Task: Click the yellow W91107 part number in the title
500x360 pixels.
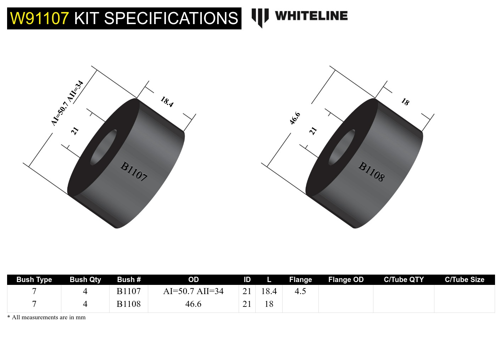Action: pyautogui.click(x=39, y=18)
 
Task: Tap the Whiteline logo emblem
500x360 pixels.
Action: pyautogui.click(x=260, y=17)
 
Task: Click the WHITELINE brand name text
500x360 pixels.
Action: pyautogui.click(x=311, y=16)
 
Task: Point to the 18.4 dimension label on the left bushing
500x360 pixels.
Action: pyautogui.click(x=167, y=102)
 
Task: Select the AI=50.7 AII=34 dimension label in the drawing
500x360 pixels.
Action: pyautogui.click(x=67, y=103)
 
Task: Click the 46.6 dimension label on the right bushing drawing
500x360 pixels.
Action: pyautogui.click(x=295, y=118)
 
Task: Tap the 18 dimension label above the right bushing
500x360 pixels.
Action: pyautogui.click(x=405, y=102)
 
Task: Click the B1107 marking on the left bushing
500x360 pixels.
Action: pyautogui.click(x=134, y=171)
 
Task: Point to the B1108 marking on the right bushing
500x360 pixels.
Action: pyautogui.click(x=371, y=171)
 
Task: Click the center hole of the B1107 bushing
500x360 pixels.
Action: pyautogui.click(x=104, y=147)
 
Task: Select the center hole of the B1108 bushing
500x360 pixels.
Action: pyautogui.click(x=342, y=147)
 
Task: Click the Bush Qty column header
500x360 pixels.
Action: pyautogui.click(x=85, y=280)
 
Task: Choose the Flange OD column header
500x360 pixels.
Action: pyautogui.click(x=346, y=280)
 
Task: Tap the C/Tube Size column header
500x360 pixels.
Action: pyautogui.click(x=464, y=280)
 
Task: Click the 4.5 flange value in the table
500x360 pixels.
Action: pyautogui.click(x=300, y=291)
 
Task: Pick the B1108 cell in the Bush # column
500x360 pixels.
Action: pyautogui.click(x=128, y=304)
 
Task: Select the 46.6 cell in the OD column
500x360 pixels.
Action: pyautogui.click(x=193, y=304)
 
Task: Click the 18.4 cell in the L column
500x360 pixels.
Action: pyautogui.click(x=269, y=291)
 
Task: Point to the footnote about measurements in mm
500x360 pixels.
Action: pyautogui.click(x=46, y=317)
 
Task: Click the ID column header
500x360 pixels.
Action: pyautogui.click(x=247, y=280)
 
